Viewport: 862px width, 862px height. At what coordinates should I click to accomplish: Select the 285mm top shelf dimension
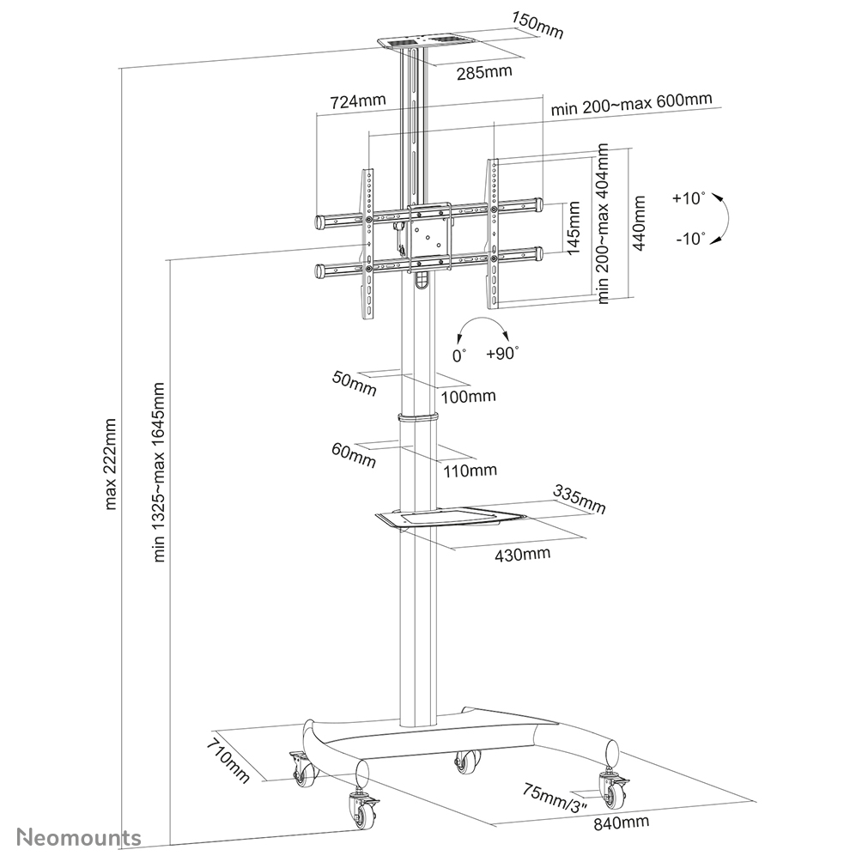click(x=484, y=71)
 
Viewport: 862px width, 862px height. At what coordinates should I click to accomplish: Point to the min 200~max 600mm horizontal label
click(x=631, y=103)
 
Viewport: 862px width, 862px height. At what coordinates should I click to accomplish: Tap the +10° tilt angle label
click(x=689, y=198)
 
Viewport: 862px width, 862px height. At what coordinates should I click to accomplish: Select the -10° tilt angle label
click(x=689, y=239)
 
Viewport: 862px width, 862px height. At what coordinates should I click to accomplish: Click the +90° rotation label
click(x=502, y=353)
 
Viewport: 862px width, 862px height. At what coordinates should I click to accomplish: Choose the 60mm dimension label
click(x=354, y=455)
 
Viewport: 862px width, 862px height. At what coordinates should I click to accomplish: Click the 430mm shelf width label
click(x=522, y=553)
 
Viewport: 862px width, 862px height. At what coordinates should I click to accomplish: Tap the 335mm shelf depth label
click(x=580, y=500)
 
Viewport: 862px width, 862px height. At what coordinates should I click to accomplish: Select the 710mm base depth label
click(x=228, y=759)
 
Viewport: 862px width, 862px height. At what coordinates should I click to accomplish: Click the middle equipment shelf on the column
click(x=451, y=518)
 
